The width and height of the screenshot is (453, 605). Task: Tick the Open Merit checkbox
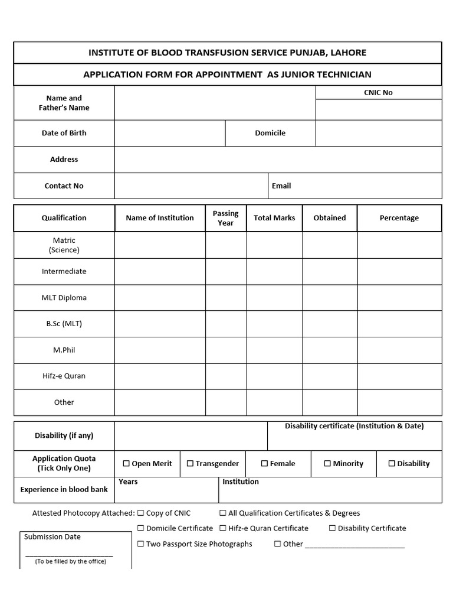point(126,464)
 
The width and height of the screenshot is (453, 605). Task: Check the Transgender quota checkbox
point(190,464)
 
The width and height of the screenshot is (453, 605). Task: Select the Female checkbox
point(264,464)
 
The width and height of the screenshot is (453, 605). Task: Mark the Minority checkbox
point(327,464)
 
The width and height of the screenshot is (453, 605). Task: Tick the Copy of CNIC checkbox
point(141,513)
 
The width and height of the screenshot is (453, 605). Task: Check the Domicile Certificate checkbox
point(141,528)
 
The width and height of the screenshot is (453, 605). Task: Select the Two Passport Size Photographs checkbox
point(141,544)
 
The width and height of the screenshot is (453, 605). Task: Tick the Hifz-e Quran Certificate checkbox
point(223,528)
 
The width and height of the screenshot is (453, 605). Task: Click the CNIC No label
point(378,93)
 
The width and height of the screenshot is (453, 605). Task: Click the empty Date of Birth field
point(170,134)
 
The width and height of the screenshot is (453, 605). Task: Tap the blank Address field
point(278,160)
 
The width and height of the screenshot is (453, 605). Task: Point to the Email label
point(281,186)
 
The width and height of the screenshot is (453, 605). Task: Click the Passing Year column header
point(225,218)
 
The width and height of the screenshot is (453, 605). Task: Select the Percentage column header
point(399,218)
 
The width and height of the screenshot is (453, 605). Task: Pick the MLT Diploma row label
point(64,298)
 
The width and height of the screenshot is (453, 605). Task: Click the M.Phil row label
point(64,350)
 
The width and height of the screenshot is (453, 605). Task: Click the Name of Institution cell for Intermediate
point(160,272)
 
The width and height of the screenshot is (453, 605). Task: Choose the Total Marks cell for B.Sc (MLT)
point(274,324)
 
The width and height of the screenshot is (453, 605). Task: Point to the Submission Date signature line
point(69,555)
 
